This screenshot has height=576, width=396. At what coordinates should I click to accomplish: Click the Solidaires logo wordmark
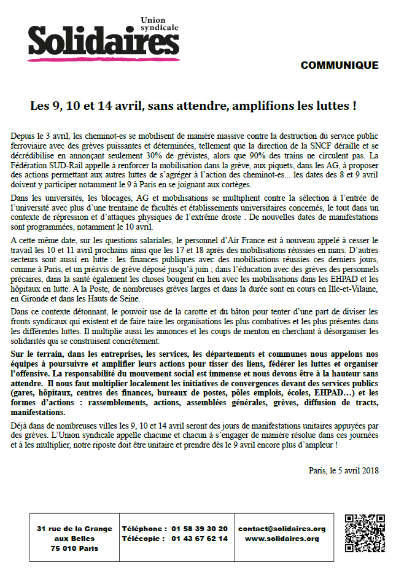pos(98,41)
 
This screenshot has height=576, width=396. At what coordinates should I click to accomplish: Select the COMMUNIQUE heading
pos(339,65)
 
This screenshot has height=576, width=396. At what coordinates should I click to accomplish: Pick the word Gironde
pos(40,298)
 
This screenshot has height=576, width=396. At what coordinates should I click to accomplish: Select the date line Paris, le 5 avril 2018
pos(344,470)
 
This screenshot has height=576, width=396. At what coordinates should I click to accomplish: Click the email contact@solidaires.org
pos(282,528)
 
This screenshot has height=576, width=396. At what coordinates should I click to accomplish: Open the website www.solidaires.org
pos(282,539)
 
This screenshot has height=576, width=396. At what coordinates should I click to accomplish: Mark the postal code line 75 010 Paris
pos(74,548)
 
